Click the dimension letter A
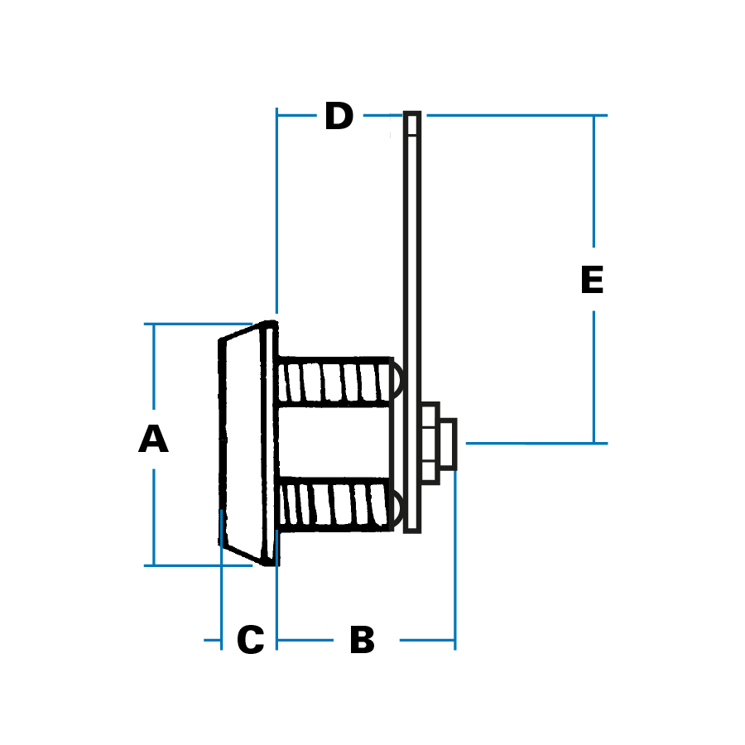[x=153, y=439]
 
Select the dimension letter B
[x=362, y=640]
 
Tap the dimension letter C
[x=250, y=640]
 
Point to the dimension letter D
[x=339, y=116]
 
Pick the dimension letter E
[x=592, y=280]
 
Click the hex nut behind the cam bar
[x=430, y=443]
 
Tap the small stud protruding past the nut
[x=449, y=445]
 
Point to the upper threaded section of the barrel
[x=335, y=382]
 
